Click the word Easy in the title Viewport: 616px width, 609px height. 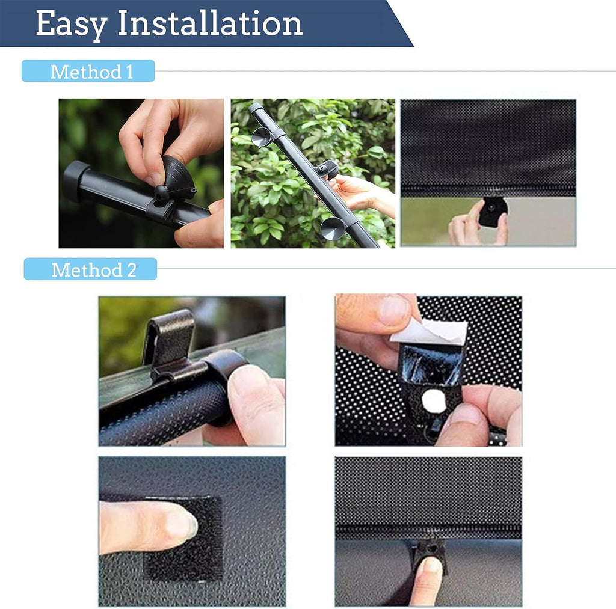tap(72, 24)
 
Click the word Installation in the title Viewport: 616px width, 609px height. tap(210, 23)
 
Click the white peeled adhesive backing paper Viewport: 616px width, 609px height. tap(430, 332)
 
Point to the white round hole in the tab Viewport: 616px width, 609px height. tap(434, 401)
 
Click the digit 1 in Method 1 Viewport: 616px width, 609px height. tap(129, 72)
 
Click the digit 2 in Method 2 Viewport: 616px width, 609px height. tap(132, 270)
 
